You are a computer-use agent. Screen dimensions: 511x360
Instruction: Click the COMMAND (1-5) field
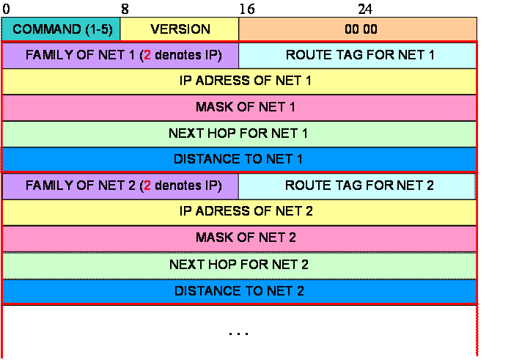click(x=61, y=29)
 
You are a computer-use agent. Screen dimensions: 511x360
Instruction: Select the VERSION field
click(x=179, y=29)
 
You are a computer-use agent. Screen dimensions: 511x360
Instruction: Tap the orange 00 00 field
click(x=358, y=29)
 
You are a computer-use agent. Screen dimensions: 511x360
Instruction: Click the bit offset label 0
click(x=6, y=9)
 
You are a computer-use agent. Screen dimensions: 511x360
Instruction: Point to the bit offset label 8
click(x=125, y=9)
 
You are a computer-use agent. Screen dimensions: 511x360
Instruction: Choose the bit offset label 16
click(x=246, y=9)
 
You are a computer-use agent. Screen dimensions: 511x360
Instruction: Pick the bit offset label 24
click(x=365, y=9)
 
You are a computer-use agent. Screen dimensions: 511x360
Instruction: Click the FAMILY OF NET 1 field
click(x=120, y=55)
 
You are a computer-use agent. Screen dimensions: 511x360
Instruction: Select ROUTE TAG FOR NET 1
click(x=357, y=55)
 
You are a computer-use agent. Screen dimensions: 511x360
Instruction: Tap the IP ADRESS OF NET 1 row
click(x=239, y=81)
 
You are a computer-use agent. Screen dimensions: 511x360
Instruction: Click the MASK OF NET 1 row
click(x=239, y=108)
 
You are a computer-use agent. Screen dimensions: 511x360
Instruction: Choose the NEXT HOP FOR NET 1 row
click(x=239, y=134)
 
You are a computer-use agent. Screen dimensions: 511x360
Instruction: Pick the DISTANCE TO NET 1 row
click(x=239, y=159)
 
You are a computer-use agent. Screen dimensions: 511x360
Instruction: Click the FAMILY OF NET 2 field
click(x=120, y=186)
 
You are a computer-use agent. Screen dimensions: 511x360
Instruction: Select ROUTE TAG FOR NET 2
click(x=357, y=186)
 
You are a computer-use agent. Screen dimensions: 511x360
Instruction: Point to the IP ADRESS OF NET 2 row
click(x=239, y=213)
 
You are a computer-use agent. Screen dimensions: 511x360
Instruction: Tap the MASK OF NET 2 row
click(x=239, y=239)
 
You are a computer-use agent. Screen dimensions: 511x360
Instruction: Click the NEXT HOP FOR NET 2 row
click(x=239, y=265)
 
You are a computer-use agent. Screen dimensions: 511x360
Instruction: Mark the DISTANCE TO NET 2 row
click(x=239, y=291)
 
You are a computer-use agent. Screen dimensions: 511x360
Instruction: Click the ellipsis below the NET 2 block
click(x=239, y=334)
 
